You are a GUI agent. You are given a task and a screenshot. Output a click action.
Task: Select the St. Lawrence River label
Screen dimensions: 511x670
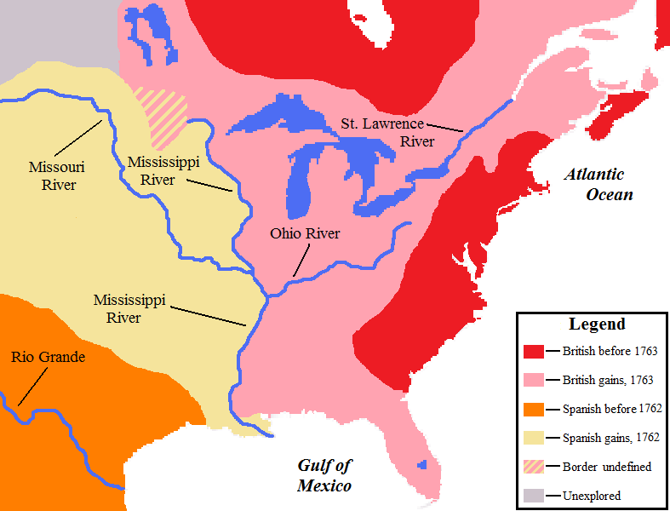click(387, 133)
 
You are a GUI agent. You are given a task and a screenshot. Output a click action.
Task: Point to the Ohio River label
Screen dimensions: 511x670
click(305, 233)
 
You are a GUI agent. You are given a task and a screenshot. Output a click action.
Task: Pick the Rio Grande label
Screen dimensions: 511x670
click(49, 357)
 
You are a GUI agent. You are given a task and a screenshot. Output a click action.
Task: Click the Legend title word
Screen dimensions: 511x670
click(597, 324)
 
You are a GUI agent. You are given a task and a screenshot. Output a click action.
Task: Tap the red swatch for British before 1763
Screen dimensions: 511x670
click(534, 351)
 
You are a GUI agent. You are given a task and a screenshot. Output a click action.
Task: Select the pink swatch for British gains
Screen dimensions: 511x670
click(534, 380)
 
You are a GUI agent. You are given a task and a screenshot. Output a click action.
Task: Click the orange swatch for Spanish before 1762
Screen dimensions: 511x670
click(534, 409)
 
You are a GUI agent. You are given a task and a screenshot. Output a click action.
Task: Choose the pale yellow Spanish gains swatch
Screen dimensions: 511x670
click(534, 438)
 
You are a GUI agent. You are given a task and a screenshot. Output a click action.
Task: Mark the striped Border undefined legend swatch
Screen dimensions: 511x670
click(534, 467)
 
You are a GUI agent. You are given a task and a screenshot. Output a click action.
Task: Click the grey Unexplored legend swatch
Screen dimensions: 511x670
click(534, 496)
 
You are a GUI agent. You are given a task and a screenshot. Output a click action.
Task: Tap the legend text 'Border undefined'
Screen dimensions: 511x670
click(605, 467)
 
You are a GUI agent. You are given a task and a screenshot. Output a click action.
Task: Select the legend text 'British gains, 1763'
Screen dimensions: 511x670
click(608, 380)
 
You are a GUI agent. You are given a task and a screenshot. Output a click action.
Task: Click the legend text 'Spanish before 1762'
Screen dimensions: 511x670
click(612, 409)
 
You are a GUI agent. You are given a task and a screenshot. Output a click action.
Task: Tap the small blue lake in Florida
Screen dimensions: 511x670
click(421, 465)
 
